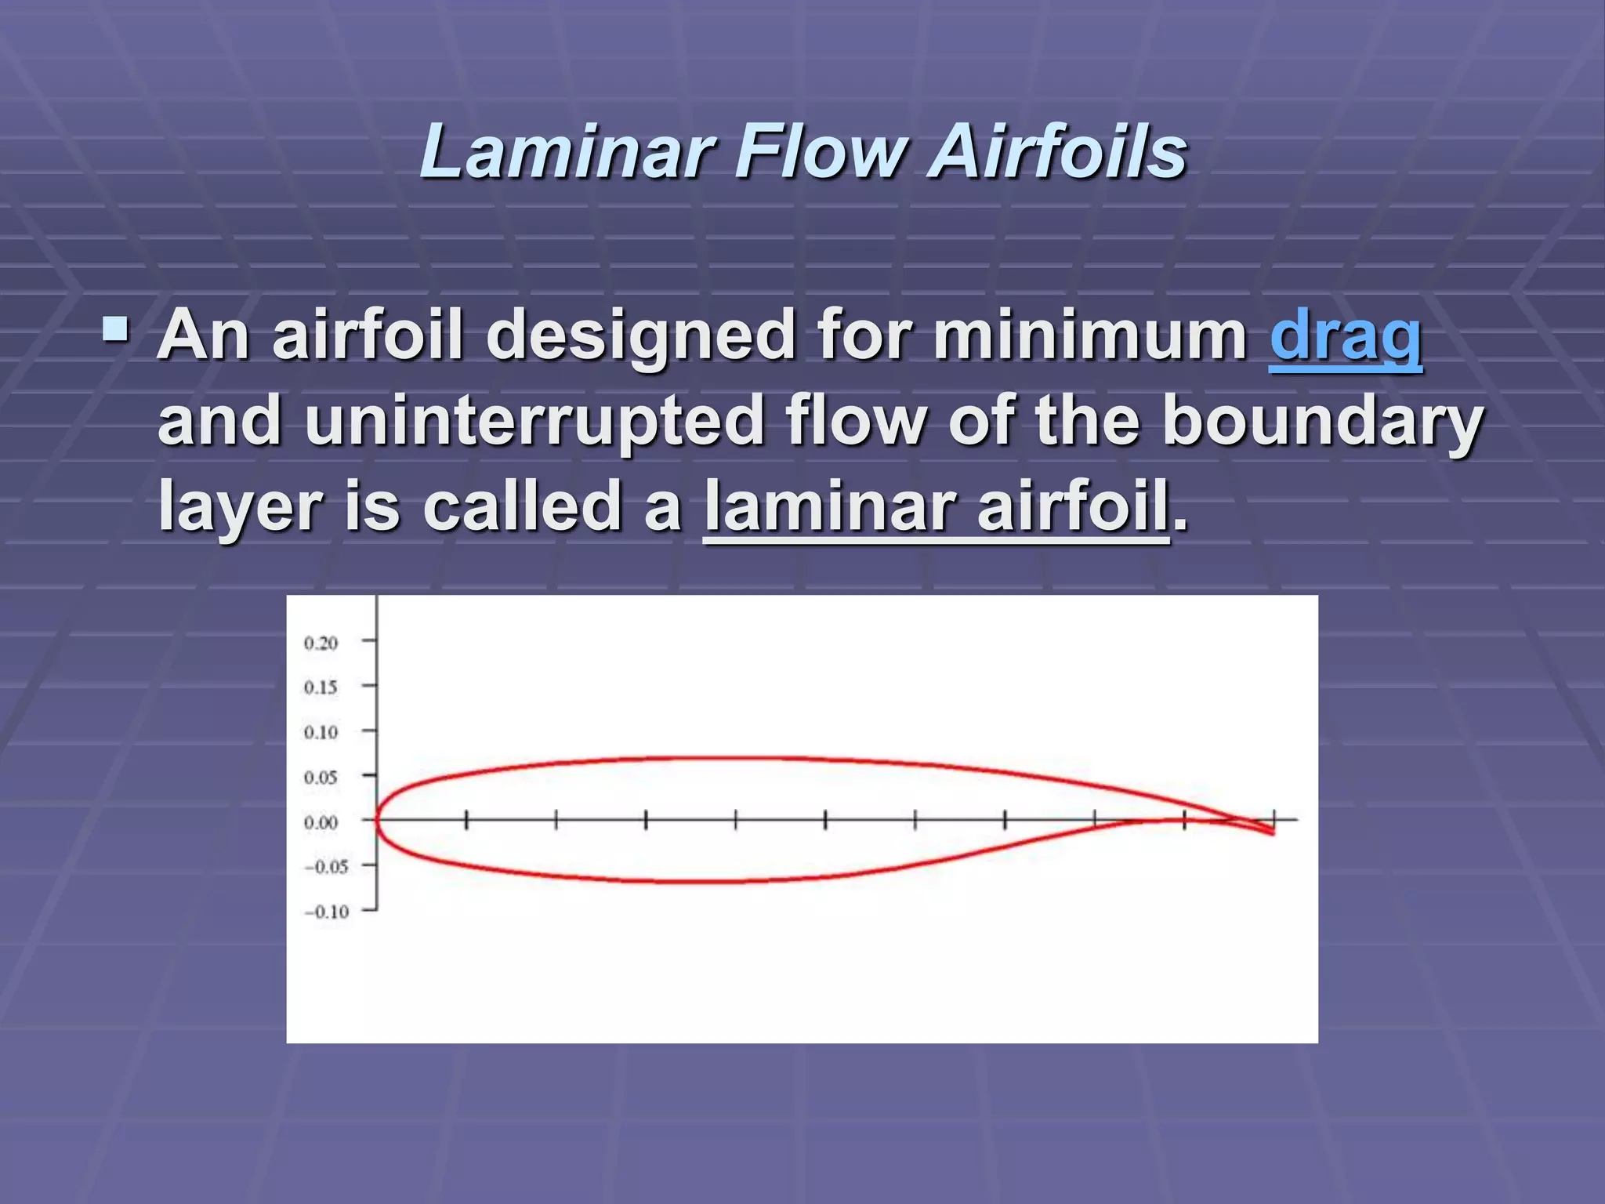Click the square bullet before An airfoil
coord(116,331)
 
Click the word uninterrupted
coord(534,422)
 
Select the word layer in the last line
coord(240,507)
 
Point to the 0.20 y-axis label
coord(321,643)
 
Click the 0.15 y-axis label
coord(321,687)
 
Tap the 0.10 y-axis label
coord(321,732)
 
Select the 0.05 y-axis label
coord(321,777)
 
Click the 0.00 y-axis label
coord(321,822)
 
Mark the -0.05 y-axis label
coord(326,866)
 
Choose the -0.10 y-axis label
coord(326,911)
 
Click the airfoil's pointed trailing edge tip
coord(1272,832)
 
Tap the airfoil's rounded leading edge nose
coord(376,820)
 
